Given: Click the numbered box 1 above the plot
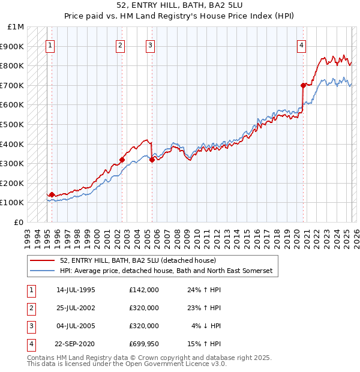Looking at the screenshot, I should pyautogui.click(x=50, y=45).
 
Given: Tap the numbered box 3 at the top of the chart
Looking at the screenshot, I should pyautogui.click(x=150, y=45).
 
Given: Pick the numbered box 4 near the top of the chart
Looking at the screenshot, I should pyautogui.click(x=301, y=45).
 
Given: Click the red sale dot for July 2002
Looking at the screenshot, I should pyautogui.click(x=122, y=160).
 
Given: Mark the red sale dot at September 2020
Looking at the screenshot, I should pyautogui.click(x=303, y=85).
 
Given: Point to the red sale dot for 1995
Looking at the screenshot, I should pyautogui.click(x=52, y=194).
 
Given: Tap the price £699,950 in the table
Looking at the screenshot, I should pyautogui.click(x=143, y=344).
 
